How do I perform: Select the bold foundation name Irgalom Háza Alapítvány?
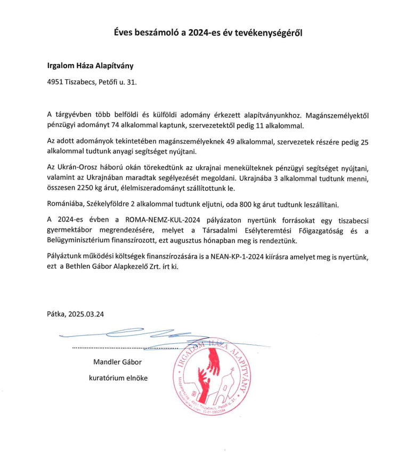[90, 66]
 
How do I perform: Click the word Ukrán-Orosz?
[78, 168]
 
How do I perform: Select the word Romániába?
[66, 204]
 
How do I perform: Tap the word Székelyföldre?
[110, 204]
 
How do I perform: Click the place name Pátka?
[56, 314]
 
